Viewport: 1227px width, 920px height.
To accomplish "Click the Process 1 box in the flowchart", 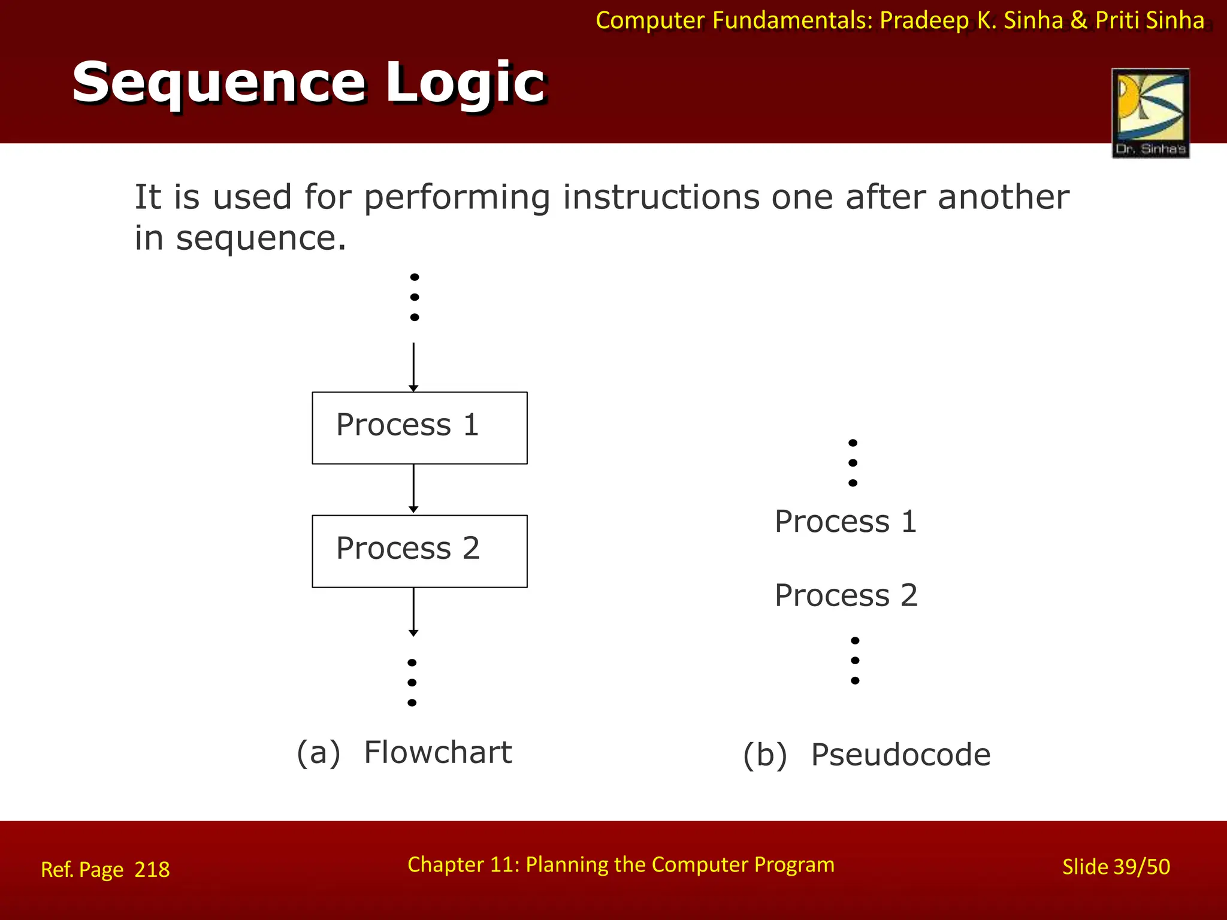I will [x=419, y=428].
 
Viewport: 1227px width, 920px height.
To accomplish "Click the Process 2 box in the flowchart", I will [x=419, y=551].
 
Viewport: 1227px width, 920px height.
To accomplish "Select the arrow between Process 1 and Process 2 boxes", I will [x=413, y=489].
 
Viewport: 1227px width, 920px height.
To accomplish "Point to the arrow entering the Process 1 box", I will [x=413, y=367].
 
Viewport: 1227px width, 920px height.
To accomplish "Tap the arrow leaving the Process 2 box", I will [x=413, y=611].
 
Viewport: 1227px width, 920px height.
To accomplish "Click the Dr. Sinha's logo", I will [x=1150, y=113].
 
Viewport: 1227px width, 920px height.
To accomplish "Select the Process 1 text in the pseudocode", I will [x=845, y=521].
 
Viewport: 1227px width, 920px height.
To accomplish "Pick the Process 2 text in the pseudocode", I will [x=845, y=595].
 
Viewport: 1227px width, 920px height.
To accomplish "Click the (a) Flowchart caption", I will [x=404, y=752].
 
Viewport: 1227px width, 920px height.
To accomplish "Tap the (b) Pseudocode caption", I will [x=866, y=755].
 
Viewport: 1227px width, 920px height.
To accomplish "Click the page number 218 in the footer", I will [x=152, y=869].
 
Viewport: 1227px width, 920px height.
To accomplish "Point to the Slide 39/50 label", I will [x=1116, y=867].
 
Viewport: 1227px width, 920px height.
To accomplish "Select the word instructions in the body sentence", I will [x=661, y=197].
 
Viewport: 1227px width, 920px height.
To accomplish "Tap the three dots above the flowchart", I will [x=415, y=297].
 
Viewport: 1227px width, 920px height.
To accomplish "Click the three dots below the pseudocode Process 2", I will [x=855, y=661].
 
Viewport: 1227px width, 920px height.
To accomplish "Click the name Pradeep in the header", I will [x=924, y=20].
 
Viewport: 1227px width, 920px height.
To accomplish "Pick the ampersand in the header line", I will [x=1078, y=20].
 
